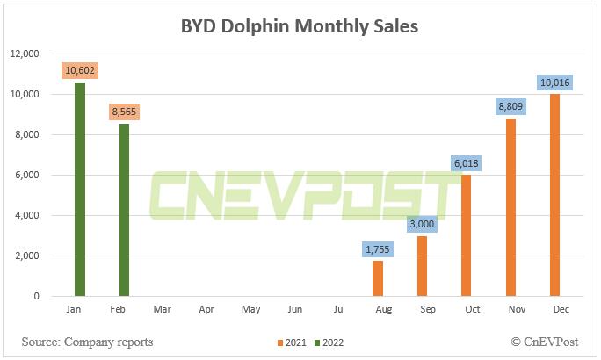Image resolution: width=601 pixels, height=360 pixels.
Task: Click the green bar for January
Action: pos(80,189)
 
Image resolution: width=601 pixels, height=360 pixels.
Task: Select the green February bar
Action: pos(125,210)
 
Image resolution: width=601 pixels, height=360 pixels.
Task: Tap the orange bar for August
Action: pos(378,278)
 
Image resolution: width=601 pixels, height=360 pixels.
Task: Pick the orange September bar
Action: pos(422,266)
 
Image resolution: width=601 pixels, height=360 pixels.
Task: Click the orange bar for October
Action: pos(467,235)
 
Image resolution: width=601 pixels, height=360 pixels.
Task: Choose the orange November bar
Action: pos(510,207)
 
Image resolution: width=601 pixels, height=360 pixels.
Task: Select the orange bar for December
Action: pos(554,195)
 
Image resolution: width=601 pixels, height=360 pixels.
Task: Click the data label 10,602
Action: pos(80,70)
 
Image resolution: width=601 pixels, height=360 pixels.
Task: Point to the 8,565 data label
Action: pos(125,112)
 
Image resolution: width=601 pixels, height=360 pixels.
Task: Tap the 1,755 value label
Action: pos(378,248)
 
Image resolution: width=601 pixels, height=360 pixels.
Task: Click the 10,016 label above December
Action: pos(554,82)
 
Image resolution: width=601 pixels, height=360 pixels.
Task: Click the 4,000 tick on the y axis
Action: pos(36,215)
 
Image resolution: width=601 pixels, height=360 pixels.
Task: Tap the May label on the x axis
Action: pos(250,310)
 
